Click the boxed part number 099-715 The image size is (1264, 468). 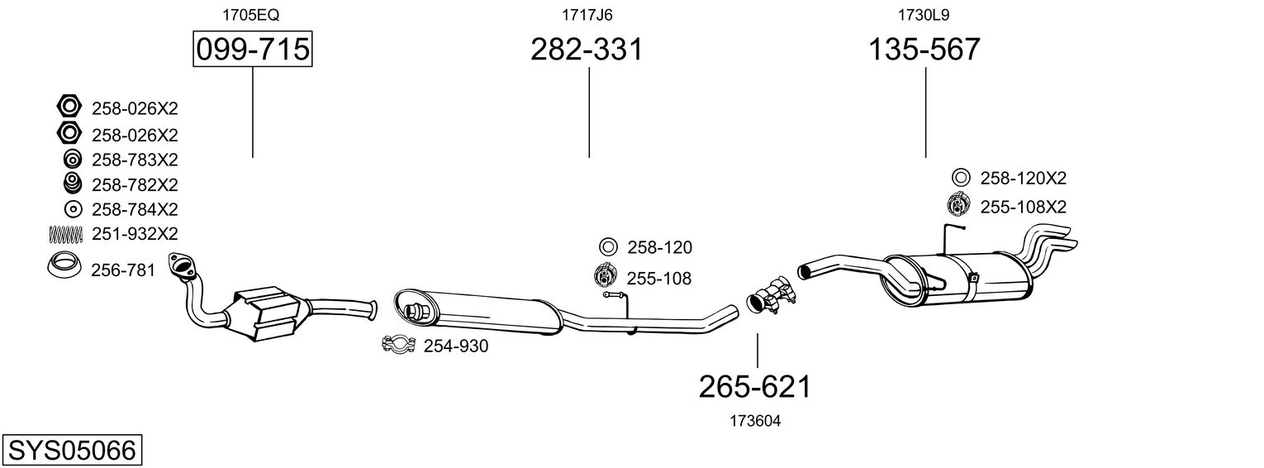[252, 50]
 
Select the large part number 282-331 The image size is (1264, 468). [586, 50]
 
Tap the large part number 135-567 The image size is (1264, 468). [924, 50]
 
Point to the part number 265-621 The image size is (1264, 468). [755, 386]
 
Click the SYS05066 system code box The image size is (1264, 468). [71, 451]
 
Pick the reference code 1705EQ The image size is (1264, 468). [252, 15]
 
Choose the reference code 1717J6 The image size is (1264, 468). [587, 15]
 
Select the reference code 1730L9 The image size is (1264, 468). [924, 15]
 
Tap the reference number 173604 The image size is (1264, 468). [755, 421]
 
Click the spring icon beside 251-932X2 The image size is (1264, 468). [68, 234]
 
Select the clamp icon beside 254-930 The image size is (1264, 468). [398, 345]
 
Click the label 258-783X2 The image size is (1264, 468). [135, 160]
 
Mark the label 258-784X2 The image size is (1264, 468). [135, 209]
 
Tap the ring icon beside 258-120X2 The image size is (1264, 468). [960, 177]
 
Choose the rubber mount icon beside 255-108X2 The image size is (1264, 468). [959, 204]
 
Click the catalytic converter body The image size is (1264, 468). [266, 312]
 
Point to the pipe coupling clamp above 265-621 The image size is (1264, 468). [771, 296]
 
